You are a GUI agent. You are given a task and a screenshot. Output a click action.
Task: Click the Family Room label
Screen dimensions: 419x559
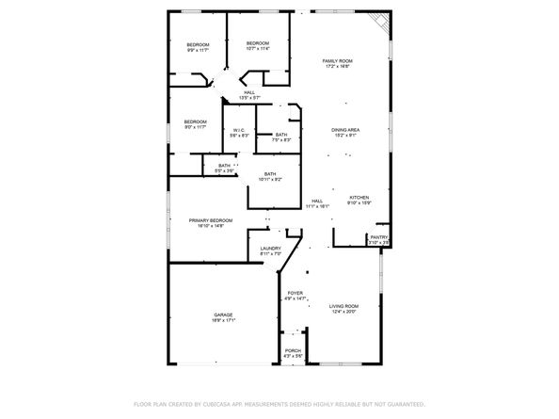pos(337,62)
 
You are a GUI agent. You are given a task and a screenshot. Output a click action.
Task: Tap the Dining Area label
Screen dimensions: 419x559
pos(344,131)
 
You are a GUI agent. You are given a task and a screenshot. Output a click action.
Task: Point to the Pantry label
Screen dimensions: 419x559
pos(378,239)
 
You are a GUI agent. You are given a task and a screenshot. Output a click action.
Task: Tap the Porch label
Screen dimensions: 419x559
pos(293,353)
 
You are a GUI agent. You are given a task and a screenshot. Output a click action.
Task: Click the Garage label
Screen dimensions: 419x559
pos(223,316)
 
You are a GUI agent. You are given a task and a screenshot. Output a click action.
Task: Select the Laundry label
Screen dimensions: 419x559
pos(271,250)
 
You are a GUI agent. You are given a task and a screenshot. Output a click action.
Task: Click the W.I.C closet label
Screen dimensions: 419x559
pos(238,133)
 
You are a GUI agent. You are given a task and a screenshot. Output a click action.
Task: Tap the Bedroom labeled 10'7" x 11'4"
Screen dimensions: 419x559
pos(258,45)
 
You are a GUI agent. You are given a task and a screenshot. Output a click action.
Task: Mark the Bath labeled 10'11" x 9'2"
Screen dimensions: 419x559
pos(270,176)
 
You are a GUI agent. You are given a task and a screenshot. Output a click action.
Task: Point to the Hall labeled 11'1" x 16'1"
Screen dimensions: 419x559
pos(318,202)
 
